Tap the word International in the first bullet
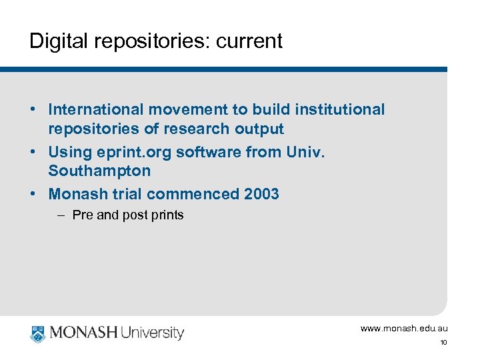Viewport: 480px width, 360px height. point(96,109)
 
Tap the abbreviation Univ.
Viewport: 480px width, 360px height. point(305,152)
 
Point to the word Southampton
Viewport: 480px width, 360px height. point(99,171)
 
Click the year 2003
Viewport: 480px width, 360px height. point(261,194)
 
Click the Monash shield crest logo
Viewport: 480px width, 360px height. point(37,333)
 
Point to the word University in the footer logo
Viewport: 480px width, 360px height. point(151,333)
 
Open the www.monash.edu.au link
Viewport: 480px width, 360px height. point(404,328)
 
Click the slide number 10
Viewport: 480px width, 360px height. point(443,343)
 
